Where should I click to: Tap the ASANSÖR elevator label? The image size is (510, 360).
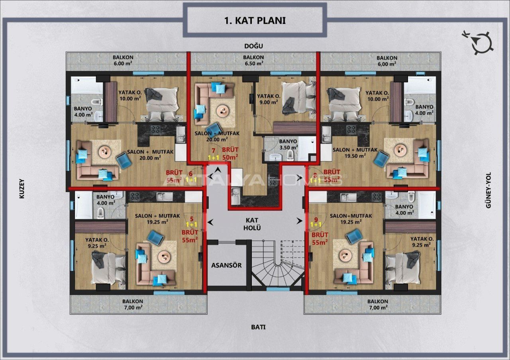(226, 265)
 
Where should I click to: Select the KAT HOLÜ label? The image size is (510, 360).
(253, 224)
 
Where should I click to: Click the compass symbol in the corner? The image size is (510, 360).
(482, 42)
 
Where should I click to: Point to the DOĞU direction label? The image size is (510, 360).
(254, 46)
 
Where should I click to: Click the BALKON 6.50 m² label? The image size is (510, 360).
(254, 60)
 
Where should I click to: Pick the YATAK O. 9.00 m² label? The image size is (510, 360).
(268, 99)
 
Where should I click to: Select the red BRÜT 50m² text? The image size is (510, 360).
(230, 153)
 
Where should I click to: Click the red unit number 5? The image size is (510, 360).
(192, 219)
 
